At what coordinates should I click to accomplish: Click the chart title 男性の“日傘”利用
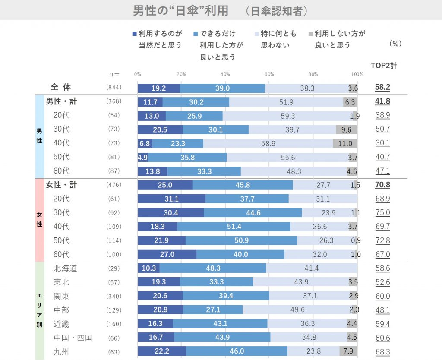(x=180, y=10)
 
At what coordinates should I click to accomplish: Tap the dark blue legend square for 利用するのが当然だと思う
(x=135, y=33)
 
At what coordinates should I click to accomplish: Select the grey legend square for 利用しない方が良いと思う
(x=311, y=33)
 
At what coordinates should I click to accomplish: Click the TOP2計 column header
(x=384, y=66)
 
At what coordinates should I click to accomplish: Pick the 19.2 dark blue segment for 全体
(x=158, y=88)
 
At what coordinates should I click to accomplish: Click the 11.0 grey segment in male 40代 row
(x=345, y=143)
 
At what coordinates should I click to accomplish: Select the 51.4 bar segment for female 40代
(x=234, y=227)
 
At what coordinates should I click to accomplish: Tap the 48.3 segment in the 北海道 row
(x=213, y=268)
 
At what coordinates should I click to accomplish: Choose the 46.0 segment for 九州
(x=237, y=351)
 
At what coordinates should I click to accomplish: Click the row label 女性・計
(x=61, y=185)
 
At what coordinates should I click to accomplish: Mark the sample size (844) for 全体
(x=114, y=88)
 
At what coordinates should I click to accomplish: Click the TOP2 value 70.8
(x=382, y=185)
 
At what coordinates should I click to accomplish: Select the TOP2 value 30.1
(x=382, y=143)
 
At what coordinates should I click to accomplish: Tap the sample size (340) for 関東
(x=114, y=296)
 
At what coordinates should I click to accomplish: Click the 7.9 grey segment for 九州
(x=348, y=351)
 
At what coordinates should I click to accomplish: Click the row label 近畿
(x=61, y=324)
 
